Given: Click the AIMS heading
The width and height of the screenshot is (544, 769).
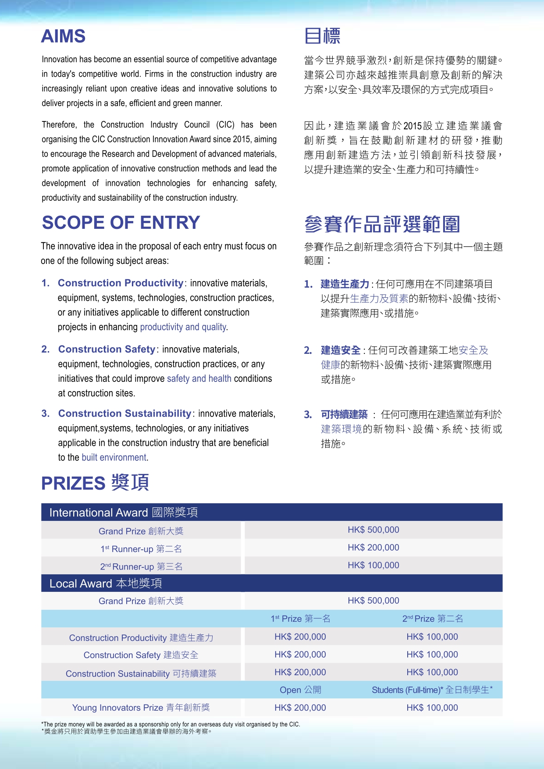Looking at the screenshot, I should click(x=63, y=36).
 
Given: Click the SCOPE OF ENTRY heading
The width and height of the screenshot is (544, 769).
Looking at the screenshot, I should click(x=121, y=223).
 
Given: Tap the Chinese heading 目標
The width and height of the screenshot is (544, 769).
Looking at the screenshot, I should click(x=322, y=36).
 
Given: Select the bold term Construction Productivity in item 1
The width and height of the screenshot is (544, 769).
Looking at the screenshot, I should click(x=121, y=283).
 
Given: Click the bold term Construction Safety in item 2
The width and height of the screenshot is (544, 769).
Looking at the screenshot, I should click(x=107, y=349).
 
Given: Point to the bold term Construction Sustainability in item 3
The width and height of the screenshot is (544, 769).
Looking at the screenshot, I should click(x=124, y=414).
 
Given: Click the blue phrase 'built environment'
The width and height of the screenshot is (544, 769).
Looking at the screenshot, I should click(x=114, y=458).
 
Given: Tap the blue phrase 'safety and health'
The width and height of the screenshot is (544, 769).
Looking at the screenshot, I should click(x=199, y=379).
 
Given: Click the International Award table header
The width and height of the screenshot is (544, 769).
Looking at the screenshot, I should click(x=123, y=513).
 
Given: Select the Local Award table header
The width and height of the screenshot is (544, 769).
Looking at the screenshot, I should click(x=106, y=584).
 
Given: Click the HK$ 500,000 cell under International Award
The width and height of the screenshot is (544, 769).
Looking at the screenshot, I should click(x=373, y=530).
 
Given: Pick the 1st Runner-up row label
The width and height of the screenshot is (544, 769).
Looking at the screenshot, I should click(x=141, y=549).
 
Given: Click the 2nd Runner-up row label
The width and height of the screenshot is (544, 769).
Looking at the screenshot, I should click(x=141, y=566).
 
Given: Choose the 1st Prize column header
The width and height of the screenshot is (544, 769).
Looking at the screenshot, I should click(x=300, y=619).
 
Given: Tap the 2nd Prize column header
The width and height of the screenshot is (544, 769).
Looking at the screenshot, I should click(x=432, y=619).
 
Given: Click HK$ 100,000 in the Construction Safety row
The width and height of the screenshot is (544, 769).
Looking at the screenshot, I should click(x=432, y=655).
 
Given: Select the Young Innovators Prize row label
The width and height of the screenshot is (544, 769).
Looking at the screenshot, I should click(x=141, y=708).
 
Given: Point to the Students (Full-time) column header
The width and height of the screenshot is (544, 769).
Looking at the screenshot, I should click(x=432, y=690).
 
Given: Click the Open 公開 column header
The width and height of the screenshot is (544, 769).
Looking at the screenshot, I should click(x=300, y=690).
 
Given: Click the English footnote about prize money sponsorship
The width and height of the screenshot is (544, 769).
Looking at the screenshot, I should click(x=171, y=724).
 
